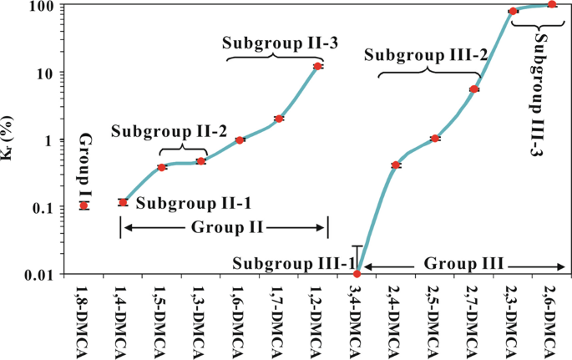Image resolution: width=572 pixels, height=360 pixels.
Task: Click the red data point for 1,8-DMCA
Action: coord(84,205)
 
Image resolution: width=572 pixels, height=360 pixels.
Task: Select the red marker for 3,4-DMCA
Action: coord(357,274)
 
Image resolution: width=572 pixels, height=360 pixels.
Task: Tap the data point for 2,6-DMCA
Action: coord(552,4)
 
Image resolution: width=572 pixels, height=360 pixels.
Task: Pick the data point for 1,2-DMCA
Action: coord(317,66)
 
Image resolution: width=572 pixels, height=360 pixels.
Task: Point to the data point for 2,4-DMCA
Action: coord(396,165)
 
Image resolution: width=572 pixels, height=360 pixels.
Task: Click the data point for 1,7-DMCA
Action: coord(279,119)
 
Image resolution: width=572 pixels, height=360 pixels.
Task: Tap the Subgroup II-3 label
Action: coord(269,43)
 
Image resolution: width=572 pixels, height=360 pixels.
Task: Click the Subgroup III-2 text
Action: coord(425,56)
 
